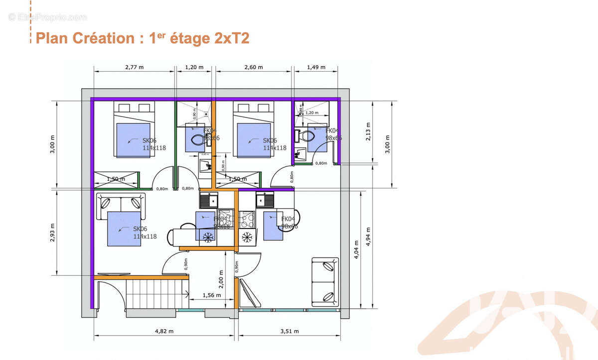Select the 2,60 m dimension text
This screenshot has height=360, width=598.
(x=253, y=67)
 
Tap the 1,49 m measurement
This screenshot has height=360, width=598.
(x=316, y=67)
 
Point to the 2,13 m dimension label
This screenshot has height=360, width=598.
(x=369, y=132)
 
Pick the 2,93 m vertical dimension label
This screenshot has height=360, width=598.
(x=52, y=233)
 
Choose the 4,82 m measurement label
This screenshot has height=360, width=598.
(x=163, y=331)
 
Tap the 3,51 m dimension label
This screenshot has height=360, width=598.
(x=289, y=331)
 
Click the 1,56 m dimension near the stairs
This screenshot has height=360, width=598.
(x=212, y=295)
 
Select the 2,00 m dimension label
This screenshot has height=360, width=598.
(x=221, y=276)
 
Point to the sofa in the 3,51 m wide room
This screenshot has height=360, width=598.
(x=325, y=282)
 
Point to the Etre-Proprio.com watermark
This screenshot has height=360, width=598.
(x=48, y=17)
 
